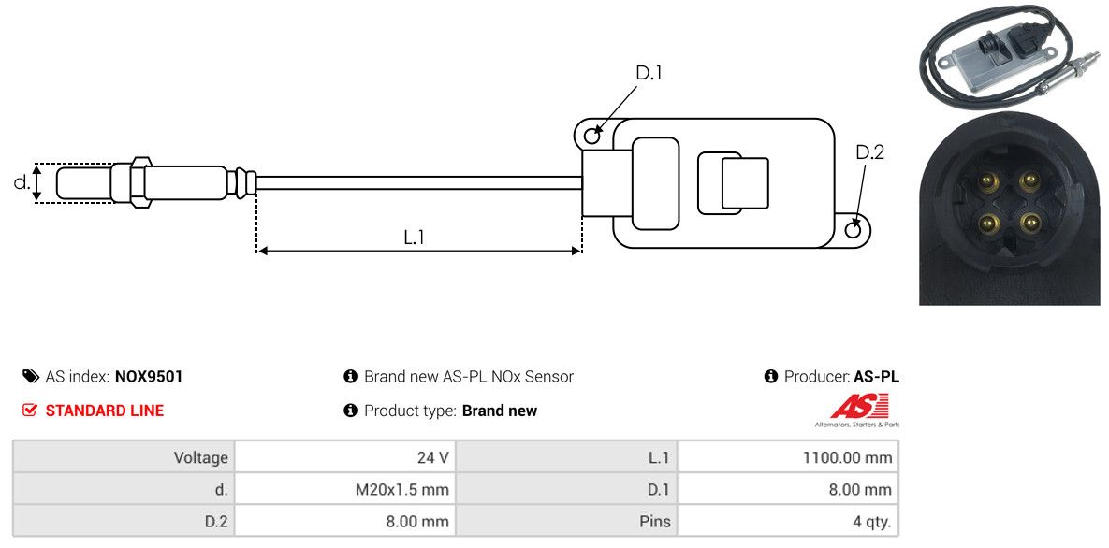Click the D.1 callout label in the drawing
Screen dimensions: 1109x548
[649, 73]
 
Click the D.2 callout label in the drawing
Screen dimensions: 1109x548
[870, 152]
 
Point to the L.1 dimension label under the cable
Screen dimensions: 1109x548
[414, 238]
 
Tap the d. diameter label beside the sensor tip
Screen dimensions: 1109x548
[22, 181]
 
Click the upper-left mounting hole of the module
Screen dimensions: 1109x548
[592, 134]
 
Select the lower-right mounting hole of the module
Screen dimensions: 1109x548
[854, 228]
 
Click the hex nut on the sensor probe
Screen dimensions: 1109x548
[139, 181]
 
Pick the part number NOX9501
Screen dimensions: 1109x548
[149, 377]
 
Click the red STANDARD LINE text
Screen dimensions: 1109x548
[104, 411]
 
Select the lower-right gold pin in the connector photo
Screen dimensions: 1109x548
[1028, 224]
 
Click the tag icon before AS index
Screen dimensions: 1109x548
[30, 377]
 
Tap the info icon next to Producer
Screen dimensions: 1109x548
[771, 377]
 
